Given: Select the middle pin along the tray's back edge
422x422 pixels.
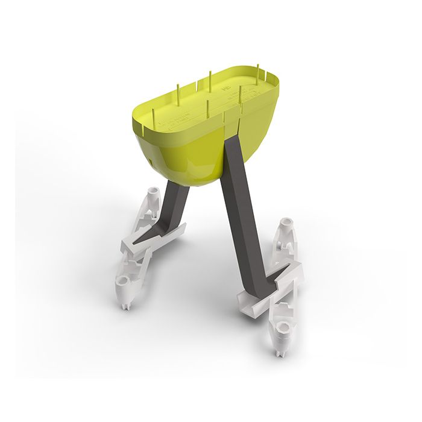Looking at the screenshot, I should (x=210, y=78).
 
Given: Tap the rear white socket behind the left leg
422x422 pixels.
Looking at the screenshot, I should (x=152, y=195).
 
